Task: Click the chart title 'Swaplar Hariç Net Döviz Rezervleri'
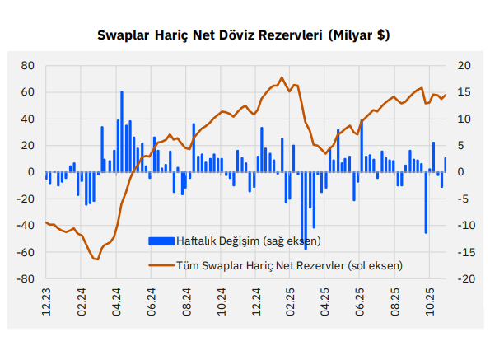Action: (243, 35)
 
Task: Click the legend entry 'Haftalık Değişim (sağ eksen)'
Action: (247, 241)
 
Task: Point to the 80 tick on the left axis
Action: (27, 65)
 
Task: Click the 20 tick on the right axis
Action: (463, 65)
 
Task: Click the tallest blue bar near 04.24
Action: (121, 132)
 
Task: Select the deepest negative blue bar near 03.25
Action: (306, 210)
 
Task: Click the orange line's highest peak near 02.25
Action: (282, 78)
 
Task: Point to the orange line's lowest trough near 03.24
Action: (96, 259)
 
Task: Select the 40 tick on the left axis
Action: (27, 119)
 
